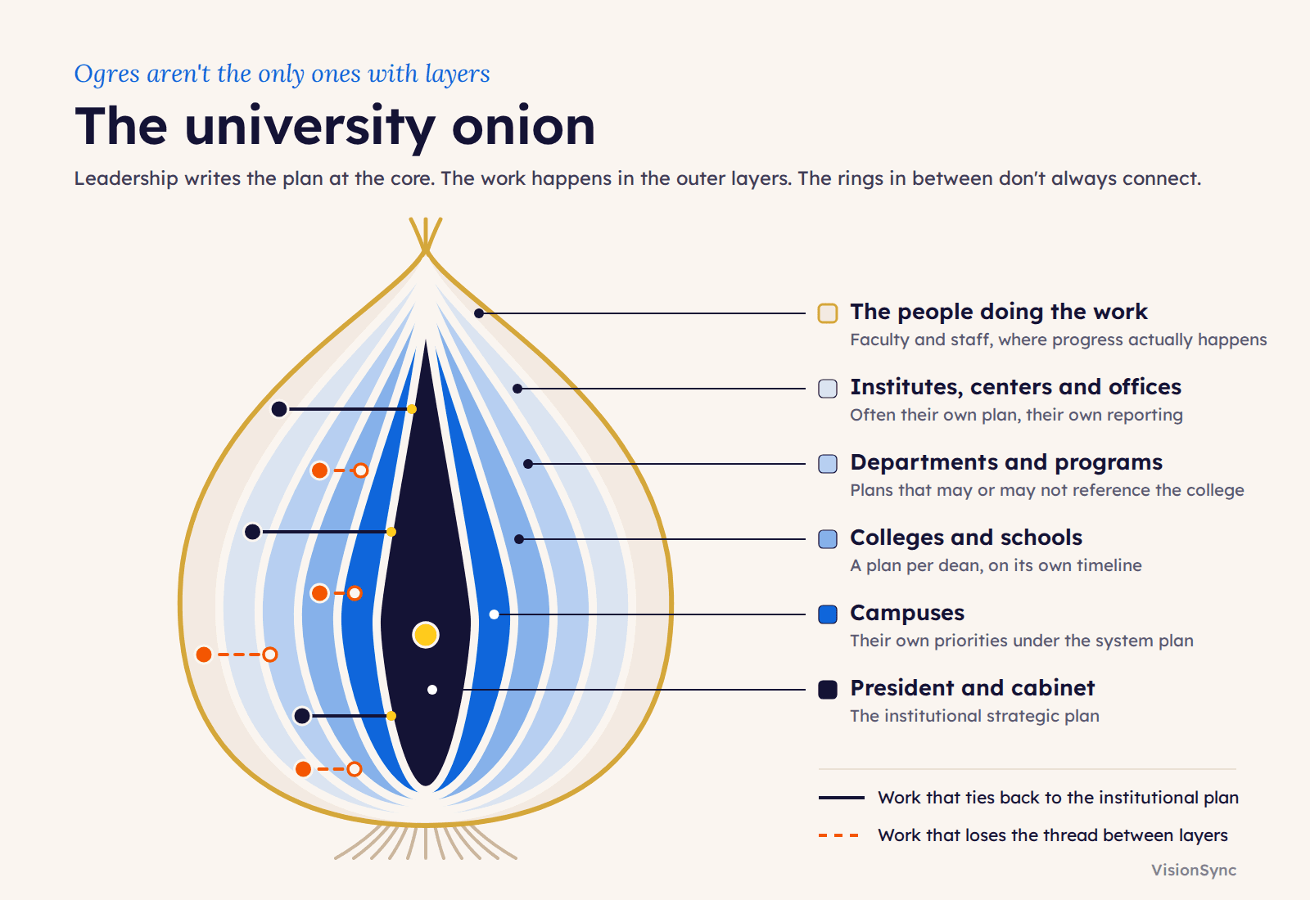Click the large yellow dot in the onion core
coord(425,635)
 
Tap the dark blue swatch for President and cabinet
coord(828,690)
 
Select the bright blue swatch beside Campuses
coord(828,614)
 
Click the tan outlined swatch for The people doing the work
coord(828,313)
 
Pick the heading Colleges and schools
coord(966,538)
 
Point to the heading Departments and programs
coord(1006,462)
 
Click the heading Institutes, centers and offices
coord(1016,387)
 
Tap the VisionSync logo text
coord(1194,871)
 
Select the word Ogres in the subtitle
coord(107,74)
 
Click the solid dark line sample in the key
coord(842,798)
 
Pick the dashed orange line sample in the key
coord(838,835)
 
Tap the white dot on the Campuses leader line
coord(495,614)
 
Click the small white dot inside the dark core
coord(432,690)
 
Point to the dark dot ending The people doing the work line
coord(479,313)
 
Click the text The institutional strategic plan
coord(975,716)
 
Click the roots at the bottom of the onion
coord(425,842)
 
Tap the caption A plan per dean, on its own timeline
coord(996,565)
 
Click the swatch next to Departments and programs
coord(828,464)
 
